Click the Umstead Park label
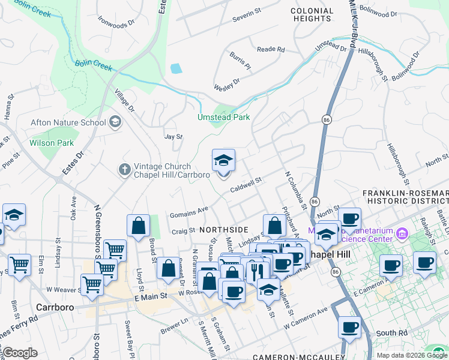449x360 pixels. coord(224,118)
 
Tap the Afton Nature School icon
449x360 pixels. coord(114,122)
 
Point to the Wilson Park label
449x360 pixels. coord(52,143)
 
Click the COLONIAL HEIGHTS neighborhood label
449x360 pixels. coord(311,15)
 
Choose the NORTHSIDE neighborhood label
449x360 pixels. coord(223,230)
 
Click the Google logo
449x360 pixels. coord(19,353)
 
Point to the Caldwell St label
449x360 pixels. coord(247,182)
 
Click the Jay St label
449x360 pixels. coord(173,137)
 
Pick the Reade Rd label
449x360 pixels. coord(270,50)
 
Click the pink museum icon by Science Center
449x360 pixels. coord(402,233)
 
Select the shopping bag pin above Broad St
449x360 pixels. coord(138,226)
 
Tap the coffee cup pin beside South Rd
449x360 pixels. coord(349,328)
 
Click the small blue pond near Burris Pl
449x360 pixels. coord(176,68)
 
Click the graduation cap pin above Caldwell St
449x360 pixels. coord(223,160)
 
